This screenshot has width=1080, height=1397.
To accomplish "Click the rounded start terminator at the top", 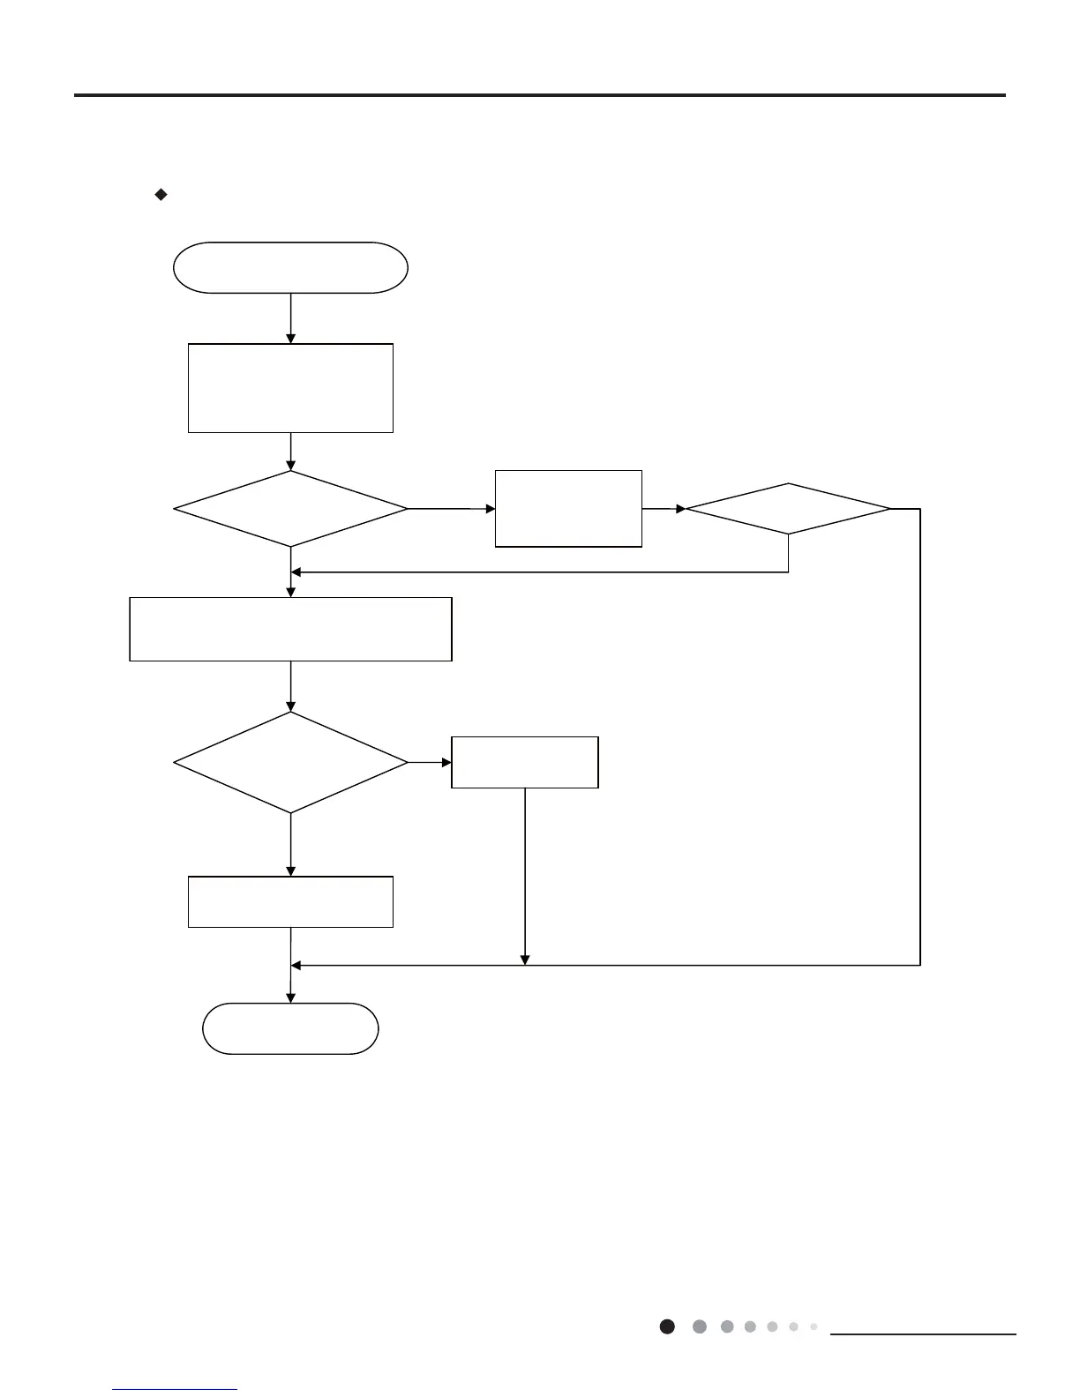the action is (x=290, y=267).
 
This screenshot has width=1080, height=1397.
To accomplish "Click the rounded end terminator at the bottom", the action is (x=290, y=1028).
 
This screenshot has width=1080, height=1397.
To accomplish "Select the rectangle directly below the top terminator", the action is (x=290, y=388).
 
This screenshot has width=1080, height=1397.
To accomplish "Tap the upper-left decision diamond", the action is (x=290, y=509).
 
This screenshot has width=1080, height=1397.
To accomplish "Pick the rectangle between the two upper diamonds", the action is (x=568, y=509).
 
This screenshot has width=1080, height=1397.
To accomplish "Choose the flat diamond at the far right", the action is (x=788, y=509).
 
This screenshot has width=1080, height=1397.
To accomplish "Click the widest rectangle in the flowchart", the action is (x=290, y=629).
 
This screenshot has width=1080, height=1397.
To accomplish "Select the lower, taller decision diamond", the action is (x=290, y=762).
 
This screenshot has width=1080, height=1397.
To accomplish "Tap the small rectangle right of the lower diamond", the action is (x=525, y=762).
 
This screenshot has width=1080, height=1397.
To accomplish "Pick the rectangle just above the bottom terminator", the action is (x=290, y=901).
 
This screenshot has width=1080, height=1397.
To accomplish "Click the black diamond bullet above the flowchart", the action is (x=161, y=195).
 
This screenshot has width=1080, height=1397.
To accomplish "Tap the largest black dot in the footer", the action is (x=668, y=1326).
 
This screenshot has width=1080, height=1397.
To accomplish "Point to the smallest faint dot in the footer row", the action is (x=814, y=1326).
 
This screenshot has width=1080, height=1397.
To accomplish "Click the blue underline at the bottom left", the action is (x=176, y=1390).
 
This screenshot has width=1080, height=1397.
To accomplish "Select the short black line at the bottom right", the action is (x=923, y=1334).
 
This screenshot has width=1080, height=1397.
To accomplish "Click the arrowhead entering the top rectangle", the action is (x=290, y=339).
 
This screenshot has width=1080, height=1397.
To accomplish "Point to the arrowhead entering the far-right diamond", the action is (x=680, y=509).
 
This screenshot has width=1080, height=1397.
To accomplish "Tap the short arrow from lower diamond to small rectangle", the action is (x=430, y=762).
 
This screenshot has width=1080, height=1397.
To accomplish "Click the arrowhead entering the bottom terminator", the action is (x=290, y=998).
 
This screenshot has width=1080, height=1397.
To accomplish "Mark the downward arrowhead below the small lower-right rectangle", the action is (x=525, y=960).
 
